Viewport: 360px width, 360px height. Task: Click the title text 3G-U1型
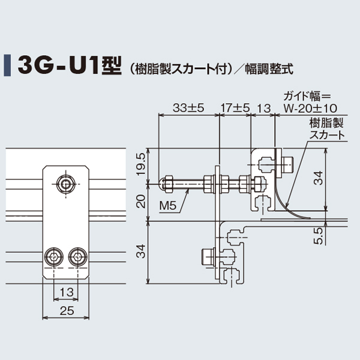(69, 64)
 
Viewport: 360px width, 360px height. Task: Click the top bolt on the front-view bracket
(65, 184)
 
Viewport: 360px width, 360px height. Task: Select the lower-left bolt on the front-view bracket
(55, 258)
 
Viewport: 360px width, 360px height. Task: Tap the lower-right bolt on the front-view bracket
(77, 258)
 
